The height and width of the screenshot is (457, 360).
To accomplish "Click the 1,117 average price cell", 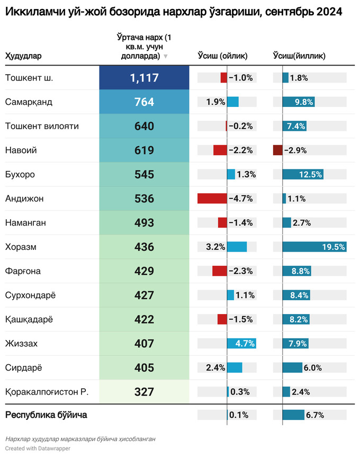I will [x=144, y=78].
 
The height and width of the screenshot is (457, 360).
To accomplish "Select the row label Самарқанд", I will [x=29, y=102].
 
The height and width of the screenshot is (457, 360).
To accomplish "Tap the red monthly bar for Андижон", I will [x=212, y=199].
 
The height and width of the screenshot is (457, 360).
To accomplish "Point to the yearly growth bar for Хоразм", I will [x=314, y=247].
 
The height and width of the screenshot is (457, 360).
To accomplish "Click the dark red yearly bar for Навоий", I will [x=278, y=150].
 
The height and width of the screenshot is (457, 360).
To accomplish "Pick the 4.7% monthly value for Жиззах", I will [x=245, y=344].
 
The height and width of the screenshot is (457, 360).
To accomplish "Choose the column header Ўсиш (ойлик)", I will [x=222, y=56].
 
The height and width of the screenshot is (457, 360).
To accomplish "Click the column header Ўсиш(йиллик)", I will [x=299, y=56].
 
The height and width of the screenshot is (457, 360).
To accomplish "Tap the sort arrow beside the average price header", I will [x=166, y=56].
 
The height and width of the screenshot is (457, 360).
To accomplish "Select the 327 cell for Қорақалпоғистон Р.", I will [x=144, y=392].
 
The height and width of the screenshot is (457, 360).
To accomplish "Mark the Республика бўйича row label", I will [x=46, y=415].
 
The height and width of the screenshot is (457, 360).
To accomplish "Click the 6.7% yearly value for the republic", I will [x=314, y=415].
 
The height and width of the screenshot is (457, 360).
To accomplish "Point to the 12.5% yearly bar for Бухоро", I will [x=303, y=174].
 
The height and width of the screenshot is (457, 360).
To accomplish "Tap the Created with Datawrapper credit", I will [x=38, y=449].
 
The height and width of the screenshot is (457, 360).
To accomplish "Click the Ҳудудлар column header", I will [x=23, y=56].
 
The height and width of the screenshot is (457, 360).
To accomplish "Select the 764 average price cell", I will [x=144, y=102].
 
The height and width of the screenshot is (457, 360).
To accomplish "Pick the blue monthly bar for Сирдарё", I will [x=235, y=368].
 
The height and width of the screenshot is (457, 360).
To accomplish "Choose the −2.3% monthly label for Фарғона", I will [x=241, y=271].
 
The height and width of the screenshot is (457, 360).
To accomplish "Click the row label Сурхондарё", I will [x=31, y=295].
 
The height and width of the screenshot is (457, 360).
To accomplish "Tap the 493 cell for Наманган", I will [x=144, y=223].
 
